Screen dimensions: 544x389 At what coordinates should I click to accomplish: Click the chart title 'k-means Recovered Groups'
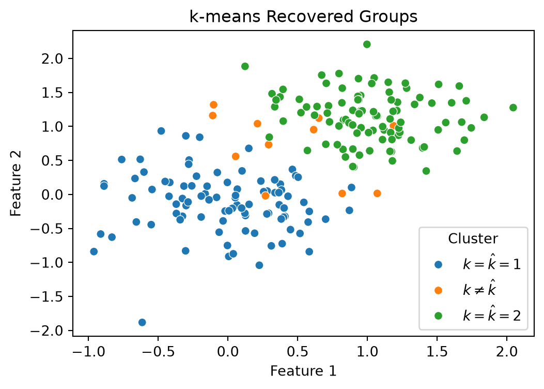[303, 17]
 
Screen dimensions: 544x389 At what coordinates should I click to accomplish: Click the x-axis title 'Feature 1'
[303, 371]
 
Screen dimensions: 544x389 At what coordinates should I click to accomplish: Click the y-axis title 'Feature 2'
[16, 183]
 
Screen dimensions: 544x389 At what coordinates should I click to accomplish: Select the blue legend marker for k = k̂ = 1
[438, 265]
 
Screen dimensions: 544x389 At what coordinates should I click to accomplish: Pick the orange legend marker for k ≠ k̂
[438, 290]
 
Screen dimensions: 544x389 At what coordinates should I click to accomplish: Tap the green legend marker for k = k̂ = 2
[438, 316]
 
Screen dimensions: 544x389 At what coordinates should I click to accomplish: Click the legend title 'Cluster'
[473, 238]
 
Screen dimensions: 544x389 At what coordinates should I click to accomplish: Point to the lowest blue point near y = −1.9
[142, 322]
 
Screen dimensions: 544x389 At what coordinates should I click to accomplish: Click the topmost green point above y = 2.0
[367, 44]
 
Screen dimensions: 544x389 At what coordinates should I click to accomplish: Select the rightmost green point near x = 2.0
[513, 108]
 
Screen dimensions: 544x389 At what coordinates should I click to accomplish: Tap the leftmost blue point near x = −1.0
[94, 251]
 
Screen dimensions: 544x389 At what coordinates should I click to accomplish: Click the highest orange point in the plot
[213, 105]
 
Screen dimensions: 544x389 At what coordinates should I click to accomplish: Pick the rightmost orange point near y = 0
[377, 193]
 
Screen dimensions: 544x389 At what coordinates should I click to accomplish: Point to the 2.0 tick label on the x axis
[506, 351]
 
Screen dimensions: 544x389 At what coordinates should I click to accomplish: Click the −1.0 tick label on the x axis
[88, 351]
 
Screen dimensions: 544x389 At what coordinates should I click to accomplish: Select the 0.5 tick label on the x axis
[298, 351]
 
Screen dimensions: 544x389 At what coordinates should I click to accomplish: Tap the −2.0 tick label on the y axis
[47, 331]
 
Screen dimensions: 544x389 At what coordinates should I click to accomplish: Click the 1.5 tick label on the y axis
[52, 93]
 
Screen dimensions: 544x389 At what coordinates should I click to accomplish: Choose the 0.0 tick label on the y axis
[52, 194]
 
